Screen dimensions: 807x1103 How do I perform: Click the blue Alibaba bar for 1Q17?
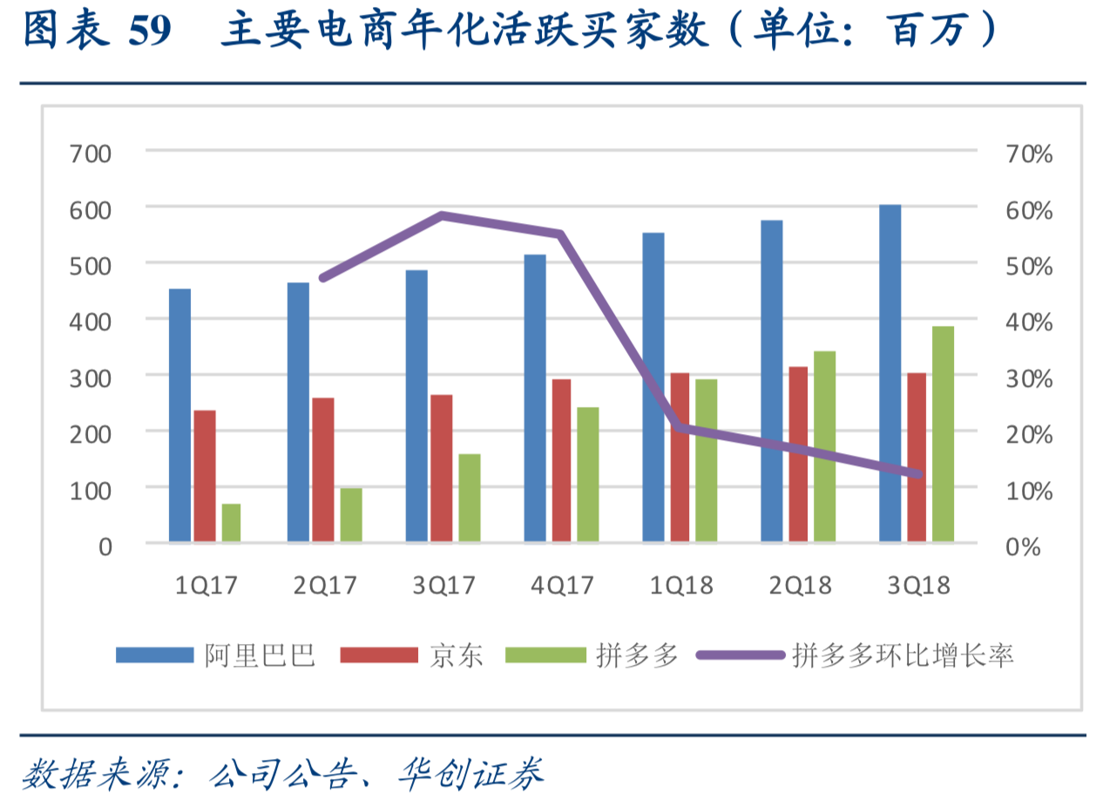pos(179,415)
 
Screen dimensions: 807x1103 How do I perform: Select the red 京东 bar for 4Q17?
pos(563,460)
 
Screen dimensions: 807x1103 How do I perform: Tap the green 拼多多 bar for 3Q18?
pos(943,434)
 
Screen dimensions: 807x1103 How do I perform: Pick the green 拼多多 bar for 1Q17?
pos(231,523)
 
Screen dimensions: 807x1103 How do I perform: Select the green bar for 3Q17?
pos(469,498)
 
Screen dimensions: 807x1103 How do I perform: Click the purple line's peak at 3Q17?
pos(443,215)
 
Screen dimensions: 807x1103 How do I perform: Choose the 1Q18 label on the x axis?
pos(681,585)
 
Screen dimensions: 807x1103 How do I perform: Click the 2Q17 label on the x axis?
pos(325,585)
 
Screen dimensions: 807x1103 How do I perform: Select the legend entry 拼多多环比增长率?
pos(903,655)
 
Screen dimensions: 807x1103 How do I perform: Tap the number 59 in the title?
pos(150,33)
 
